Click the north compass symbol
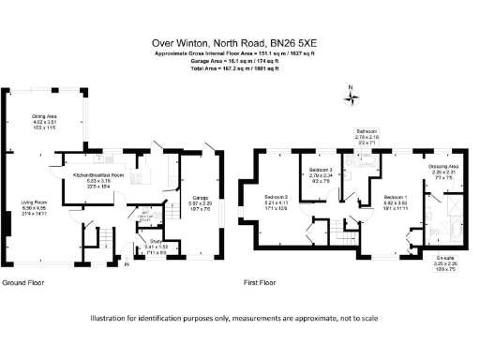(350, 95)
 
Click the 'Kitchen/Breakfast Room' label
(97, 175)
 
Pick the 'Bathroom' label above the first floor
(367, 131)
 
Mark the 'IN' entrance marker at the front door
(127, 264)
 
